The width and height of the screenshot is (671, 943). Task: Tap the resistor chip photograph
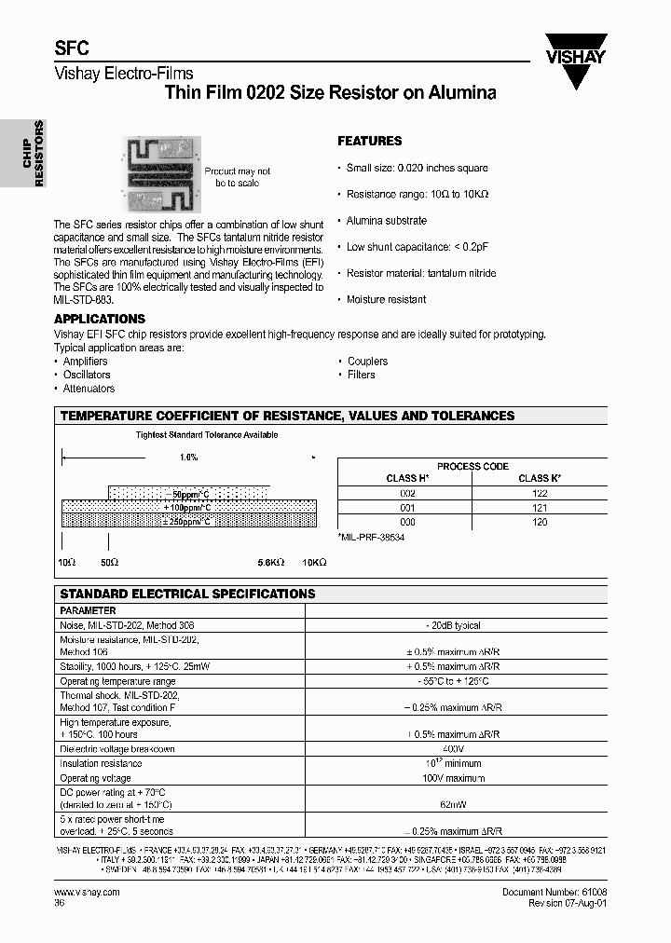click(162, 173)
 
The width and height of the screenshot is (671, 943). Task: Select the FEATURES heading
click(369, 141)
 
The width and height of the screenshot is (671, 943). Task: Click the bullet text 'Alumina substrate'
click(386, 221)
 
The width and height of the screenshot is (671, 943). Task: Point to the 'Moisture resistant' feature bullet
click(386, 299)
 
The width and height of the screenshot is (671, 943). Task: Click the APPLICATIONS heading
click(100, 319)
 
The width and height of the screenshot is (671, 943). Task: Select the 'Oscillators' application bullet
click(87, 375)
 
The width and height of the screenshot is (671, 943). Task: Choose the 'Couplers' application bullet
click(367, 361)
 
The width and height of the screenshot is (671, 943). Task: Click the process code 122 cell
click(540, 492)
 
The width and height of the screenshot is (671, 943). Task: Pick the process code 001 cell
click(407, 507)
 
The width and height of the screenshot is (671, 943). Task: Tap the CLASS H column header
click(407, 478)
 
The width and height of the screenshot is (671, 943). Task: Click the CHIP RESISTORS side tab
click(34, 153)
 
